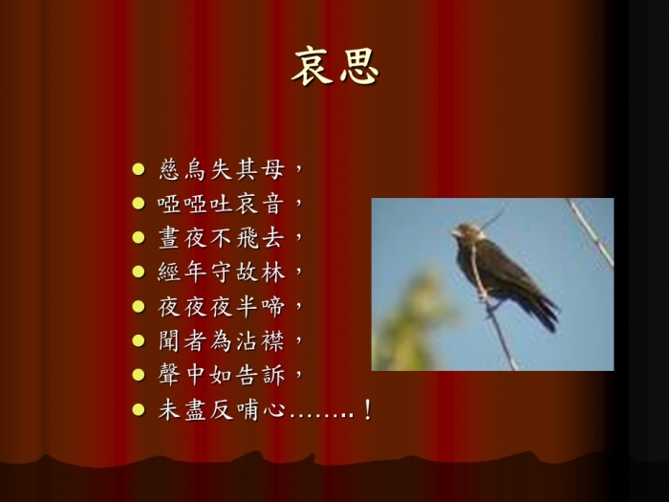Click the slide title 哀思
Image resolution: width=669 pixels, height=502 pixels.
(335, 66)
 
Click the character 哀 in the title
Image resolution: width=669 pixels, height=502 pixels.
(312, 66)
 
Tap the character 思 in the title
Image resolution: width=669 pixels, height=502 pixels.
(359, 67)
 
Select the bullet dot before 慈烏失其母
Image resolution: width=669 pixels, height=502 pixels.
(139, 169)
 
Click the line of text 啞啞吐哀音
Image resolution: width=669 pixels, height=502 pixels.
(221, 203)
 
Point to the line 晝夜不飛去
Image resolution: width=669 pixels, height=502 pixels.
(221, 237)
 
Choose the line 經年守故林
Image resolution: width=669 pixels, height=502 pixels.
(221, 272)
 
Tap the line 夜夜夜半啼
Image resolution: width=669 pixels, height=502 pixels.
(221, 306)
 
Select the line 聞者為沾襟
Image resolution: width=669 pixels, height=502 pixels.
(221, 340)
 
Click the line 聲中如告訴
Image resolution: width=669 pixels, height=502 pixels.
(221, 375)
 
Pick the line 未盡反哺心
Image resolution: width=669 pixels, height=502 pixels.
(221, 410)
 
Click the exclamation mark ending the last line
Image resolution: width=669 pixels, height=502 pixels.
(367, 410)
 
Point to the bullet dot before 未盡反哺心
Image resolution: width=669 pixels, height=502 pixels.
(139, 410)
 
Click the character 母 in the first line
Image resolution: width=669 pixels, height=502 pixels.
(273, 169)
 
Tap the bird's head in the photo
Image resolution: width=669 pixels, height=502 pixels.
(468, 231)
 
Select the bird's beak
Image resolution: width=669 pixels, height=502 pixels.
(456, 233)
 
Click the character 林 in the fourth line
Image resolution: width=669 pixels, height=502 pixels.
(273, 272)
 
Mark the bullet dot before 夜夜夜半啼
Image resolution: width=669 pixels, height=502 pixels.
(139, 306)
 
